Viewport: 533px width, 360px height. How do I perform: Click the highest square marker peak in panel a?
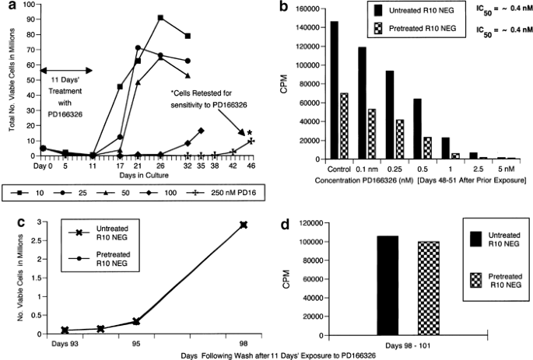pyautogui.click(x=160, y=17)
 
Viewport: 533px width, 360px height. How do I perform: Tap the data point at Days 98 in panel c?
pyautogui.click(x=244, y=225)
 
